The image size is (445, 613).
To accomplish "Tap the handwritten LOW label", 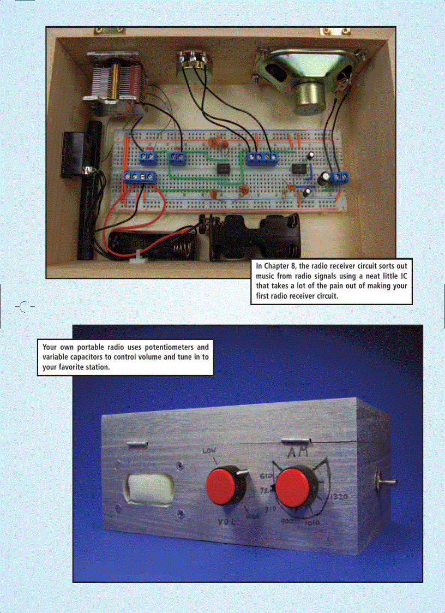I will click(x=209, y=451).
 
